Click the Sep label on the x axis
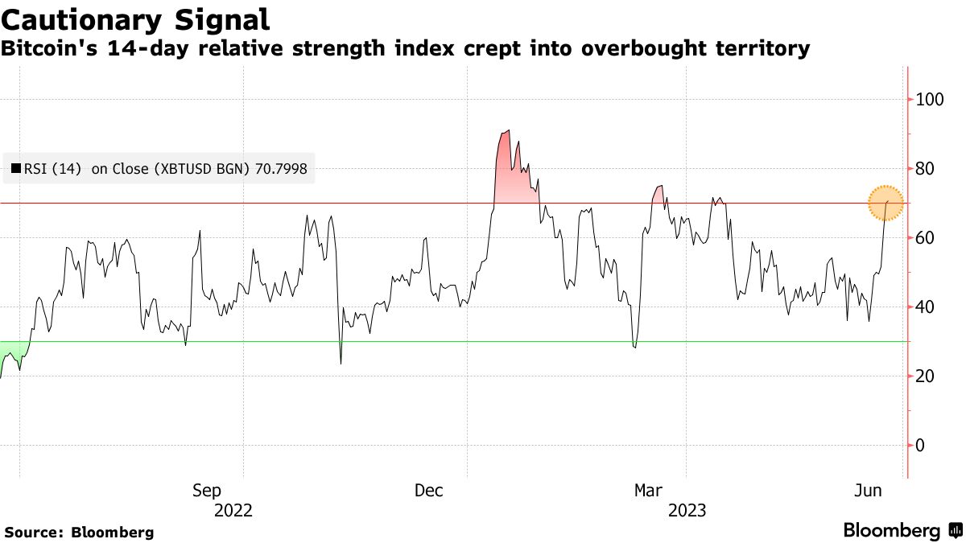coord(207,491)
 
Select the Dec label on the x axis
coord(429,491)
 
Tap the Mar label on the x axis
coord(649,491)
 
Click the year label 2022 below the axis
coord(233,511)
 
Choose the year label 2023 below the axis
coord(686,511)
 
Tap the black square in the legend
coord(15,169)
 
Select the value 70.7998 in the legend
coord(281,169)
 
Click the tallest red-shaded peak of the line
coord(506,131)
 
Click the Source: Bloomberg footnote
coord(79,532)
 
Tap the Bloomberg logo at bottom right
coord(902,530)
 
